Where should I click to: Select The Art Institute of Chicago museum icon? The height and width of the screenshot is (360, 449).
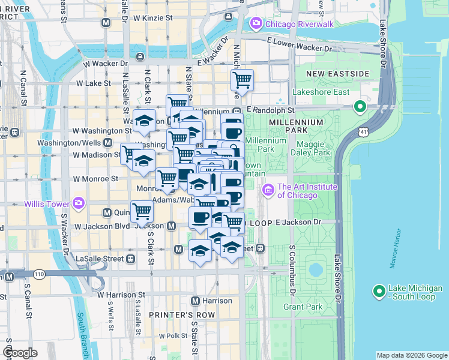click(268, 191)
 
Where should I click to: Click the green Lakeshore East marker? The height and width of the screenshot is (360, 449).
click(360, 107)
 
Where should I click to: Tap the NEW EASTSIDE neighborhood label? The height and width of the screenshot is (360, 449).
click(337, 73)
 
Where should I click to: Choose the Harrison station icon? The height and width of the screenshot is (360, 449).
click(195, 301)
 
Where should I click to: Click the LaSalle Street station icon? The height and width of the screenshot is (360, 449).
click(130, 259)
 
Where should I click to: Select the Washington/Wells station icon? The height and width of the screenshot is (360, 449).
click(108, 143)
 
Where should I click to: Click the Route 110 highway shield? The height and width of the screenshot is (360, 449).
click(40, 274)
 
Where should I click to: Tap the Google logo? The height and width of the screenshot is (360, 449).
click(20, 353)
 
